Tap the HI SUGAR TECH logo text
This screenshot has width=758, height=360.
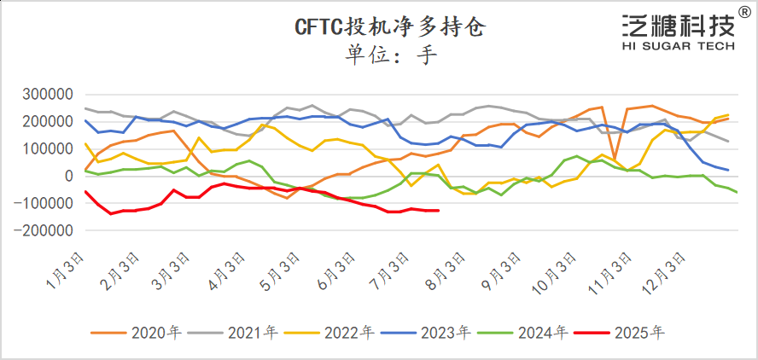tap(678, 47)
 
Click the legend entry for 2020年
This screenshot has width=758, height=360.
tap(144, 333)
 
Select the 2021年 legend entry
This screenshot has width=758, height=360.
tap(241, 333)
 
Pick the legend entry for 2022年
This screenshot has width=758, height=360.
tap(337, 333)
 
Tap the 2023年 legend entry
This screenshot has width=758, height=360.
tap(434, 333)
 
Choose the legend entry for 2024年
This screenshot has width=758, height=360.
tap(531, 333)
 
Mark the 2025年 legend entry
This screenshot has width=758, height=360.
tap(627, 333)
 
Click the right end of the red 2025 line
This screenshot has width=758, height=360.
tap(438, 210)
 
